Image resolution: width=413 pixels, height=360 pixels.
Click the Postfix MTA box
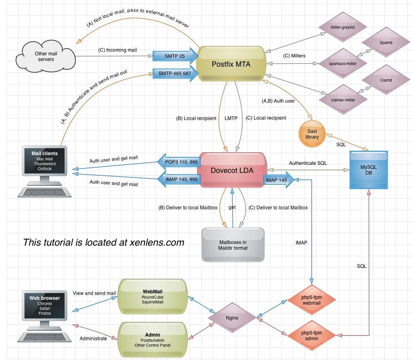point(231,64)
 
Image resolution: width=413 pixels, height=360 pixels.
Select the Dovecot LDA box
point(232,171)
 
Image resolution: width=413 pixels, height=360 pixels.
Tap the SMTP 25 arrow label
point(174,56)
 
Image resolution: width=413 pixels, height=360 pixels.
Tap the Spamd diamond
point(386,42)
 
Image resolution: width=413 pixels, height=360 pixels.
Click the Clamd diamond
point(386,80)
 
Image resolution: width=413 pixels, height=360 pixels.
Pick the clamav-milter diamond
point(342,99)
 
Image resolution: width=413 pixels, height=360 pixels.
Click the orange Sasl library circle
point(312,134)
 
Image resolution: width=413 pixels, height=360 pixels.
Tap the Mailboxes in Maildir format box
point(233,244)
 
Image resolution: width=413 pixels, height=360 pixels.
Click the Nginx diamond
point(232,318)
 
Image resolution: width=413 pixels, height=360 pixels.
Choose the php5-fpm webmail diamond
point(312,300)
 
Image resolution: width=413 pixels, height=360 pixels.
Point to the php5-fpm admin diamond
point(312,335)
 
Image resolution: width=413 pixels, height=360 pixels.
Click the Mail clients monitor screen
point(44,161)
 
